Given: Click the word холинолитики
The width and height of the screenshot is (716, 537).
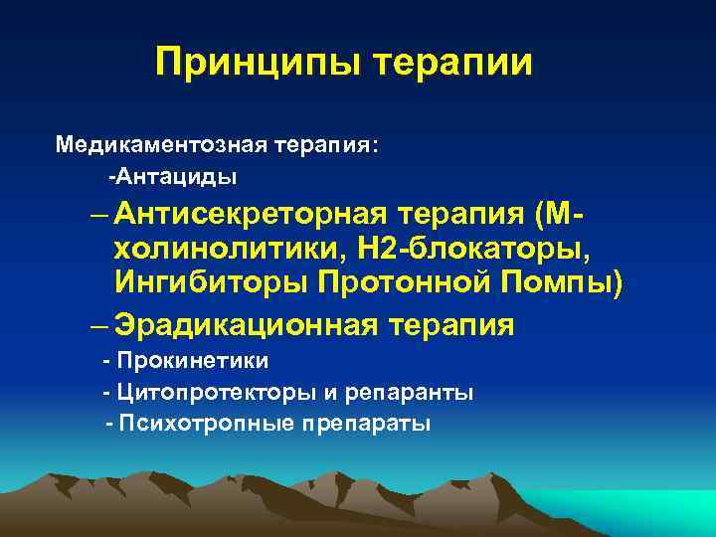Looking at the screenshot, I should click(x=211, y=248).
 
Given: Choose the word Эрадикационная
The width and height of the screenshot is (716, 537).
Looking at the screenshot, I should click(x=249, y=325).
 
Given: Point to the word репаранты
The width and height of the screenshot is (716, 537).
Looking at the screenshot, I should click(x=410, y=392).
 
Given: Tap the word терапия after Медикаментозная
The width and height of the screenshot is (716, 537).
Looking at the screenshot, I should click(x=327, y=144).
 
